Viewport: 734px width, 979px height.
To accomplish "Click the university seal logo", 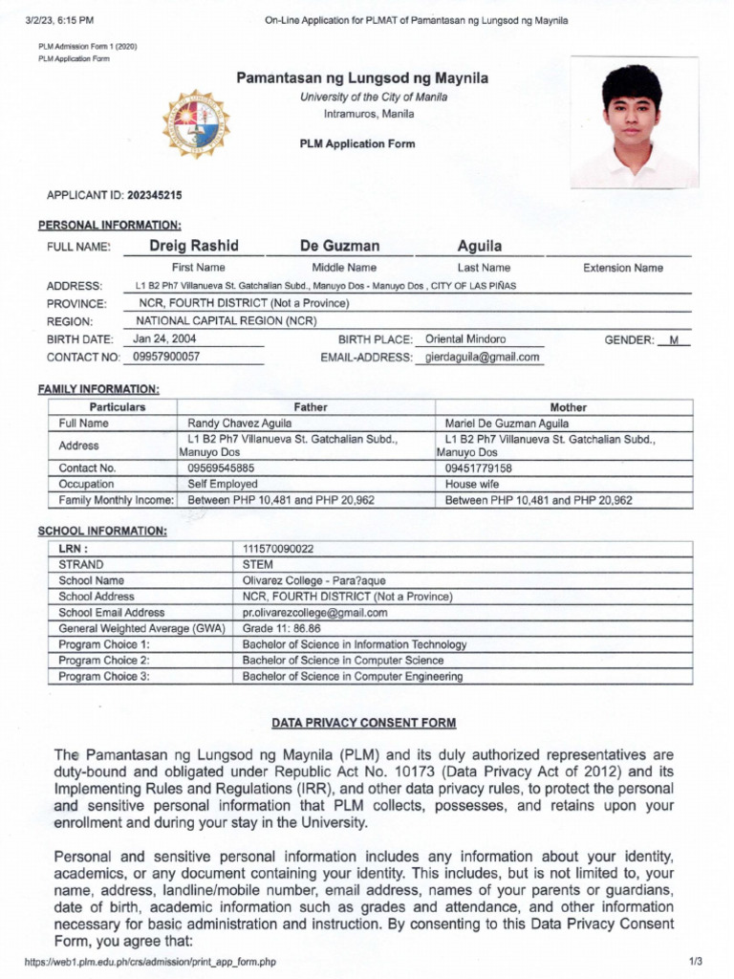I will pos(196,124).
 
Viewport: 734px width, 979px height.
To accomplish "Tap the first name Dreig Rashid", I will pos(194,246).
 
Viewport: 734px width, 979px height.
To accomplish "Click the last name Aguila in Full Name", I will pos(480,246).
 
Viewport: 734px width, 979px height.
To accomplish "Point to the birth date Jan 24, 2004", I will pos(165,338).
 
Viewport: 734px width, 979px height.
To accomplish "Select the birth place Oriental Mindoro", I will pos(465,338).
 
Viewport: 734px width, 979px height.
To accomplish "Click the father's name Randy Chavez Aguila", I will pos(240,423).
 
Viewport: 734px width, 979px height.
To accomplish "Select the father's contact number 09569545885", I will pos(222,468).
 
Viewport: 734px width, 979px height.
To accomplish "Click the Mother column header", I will pos(568,407).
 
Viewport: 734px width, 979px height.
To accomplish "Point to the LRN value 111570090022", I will pos(278,549).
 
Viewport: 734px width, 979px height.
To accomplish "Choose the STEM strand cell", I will pos(258,564).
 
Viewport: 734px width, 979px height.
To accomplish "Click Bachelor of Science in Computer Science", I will pos(343,660).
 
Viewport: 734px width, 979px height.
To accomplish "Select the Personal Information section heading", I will pos(109,225).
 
